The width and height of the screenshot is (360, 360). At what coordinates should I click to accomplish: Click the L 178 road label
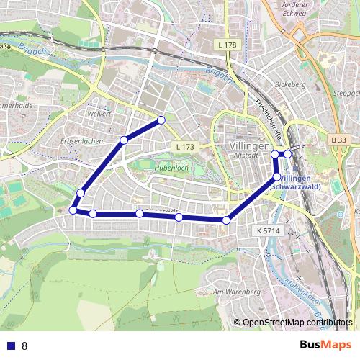(226, 45)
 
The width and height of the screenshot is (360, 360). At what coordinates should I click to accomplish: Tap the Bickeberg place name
(291, 84)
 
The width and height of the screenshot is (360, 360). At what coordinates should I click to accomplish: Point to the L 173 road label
(184, 147)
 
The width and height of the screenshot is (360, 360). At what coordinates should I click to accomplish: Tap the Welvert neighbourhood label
(99, 114)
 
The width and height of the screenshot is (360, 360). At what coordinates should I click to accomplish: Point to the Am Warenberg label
(236, 292)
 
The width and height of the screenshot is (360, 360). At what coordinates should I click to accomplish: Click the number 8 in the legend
(24, 346)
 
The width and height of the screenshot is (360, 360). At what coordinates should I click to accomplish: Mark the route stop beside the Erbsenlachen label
(124, 140)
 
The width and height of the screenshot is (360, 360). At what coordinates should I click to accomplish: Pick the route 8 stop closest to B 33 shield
(288, 153)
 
